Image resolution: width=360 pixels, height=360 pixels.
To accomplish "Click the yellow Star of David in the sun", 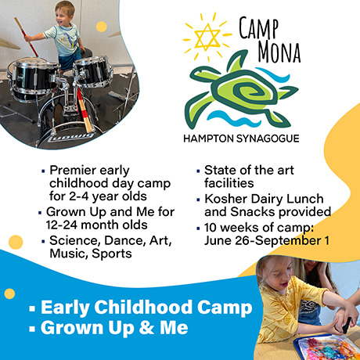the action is point(207,38).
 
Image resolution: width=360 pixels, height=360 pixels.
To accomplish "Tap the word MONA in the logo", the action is point(279,52).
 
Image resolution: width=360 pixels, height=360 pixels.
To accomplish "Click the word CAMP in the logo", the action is point(259,28).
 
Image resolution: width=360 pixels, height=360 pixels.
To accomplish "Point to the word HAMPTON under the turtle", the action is point(208,139).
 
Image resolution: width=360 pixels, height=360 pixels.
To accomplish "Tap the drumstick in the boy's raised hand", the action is point(26,37).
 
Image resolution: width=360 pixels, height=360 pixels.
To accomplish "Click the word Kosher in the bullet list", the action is point(226,199).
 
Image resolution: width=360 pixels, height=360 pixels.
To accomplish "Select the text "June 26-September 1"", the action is point(267,240).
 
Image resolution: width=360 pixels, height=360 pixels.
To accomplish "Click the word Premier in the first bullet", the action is point(73,171).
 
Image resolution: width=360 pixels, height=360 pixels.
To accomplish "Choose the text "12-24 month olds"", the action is point(96,225).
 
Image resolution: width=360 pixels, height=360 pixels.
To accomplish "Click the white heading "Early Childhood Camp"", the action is point(146,308).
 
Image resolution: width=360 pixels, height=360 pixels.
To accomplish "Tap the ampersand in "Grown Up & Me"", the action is point(146,328).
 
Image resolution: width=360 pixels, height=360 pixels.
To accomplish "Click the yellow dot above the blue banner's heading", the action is point(9,293).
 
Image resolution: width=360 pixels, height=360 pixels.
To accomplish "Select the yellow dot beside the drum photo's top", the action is point(101,27).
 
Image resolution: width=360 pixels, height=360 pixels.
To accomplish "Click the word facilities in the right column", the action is point(229,183).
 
